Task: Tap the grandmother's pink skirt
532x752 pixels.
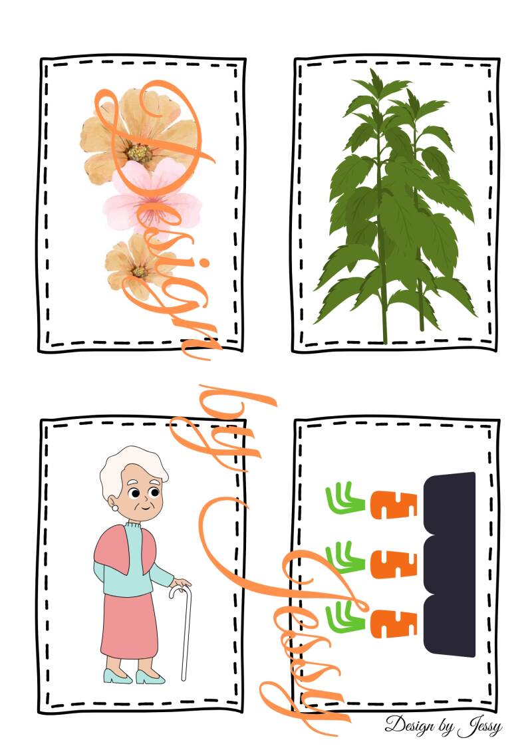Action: point(128,626)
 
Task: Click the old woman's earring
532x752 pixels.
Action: point(115,507)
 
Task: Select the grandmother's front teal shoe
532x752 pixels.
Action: point(150,677)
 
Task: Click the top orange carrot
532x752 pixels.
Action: point(394,505)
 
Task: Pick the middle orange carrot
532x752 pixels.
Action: point(394,564)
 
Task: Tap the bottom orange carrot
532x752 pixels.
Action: point(394,624)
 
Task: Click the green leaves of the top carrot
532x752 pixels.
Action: point(345,498)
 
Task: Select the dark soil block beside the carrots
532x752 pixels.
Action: point(450,564)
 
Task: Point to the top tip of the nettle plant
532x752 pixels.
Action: point(373,70)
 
